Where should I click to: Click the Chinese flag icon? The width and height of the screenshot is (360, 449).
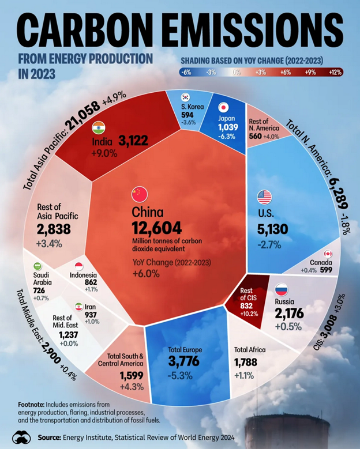(140, 193)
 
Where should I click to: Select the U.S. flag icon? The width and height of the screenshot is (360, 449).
(264, 197)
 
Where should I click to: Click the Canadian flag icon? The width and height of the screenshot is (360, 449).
(328, 254)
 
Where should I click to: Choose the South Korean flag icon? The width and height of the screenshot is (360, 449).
(186, 97)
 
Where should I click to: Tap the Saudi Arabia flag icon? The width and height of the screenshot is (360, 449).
(37, 266)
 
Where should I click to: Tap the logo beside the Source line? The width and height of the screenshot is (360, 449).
(21, 437)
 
